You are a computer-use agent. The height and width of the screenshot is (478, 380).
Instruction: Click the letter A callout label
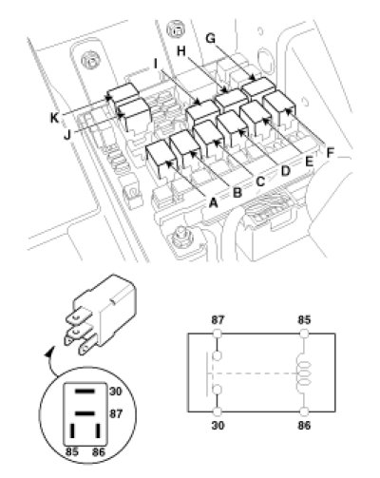[214, 201]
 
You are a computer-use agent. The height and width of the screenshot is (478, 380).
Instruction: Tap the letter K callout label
[55, 118]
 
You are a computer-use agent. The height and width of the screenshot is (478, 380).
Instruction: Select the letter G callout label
[210, 38]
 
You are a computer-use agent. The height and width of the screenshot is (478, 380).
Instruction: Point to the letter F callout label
[330, 153]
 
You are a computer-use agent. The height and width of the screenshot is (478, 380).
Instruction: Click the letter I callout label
[156, 65]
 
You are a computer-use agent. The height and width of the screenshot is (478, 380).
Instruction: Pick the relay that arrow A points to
[161, 159]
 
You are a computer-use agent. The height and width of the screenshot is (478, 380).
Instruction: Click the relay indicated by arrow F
[279, 108]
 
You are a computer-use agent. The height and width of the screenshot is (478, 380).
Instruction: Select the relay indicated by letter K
[123, 94]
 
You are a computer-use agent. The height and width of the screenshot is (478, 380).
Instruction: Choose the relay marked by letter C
[208, 139]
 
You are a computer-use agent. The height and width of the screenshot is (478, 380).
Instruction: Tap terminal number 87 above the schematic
[218, 320]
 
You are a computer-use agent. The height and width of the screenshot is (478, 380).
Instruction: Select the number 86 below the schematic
[304, 425]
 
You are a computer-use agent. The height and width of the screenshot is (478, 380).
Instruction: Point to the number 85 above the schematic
[304, 320]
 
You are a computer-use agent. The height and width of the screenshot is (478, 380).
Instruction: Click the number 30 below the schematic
[218, 425]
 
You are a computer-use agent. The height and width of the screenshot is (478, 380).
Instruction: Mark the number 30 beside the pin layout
[116, 392]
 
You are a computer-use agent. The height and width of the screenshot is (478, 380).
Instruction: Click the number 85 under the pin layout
[72, 451]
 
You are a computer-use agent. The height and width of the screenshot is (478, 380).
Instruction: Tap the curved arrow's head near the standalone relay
[48, 352]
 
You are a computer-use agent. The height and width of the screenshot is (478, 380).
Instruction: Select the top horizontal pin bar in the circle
[85, 392]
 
